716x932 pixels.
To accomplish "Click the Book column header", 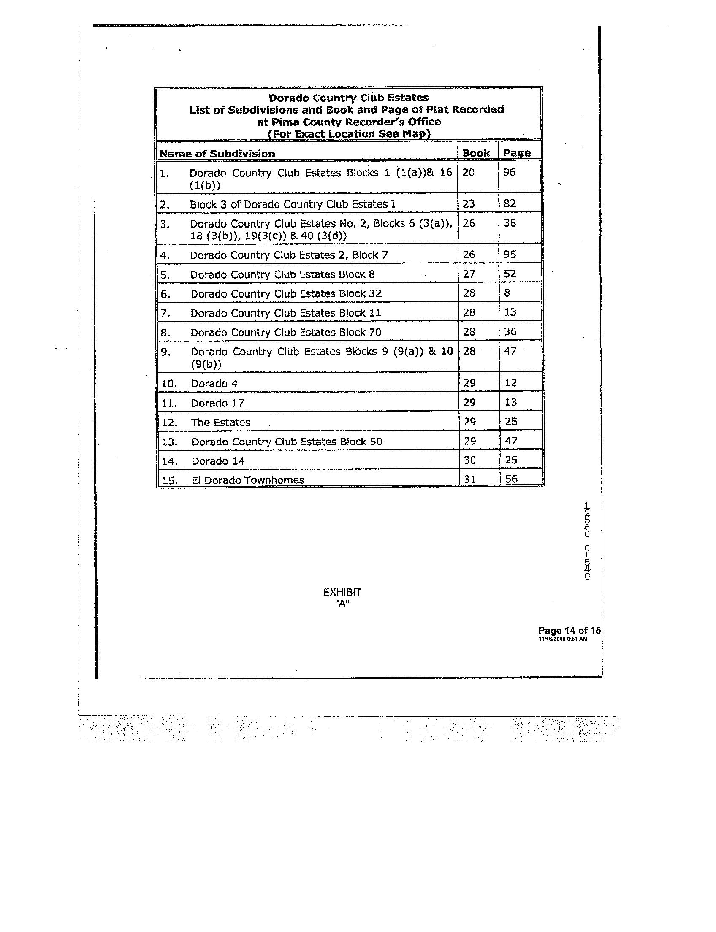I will (x=476, y=153).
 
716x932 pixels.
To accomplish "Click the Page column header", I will (x=517, y=153).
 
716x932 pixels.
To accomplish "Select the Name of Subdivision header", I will (x=217, y=153).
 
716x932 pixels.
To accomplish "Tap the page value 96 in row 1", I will (x=509, y=172).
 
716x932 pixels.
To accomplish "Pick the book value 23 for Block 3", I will (x=468, y=204).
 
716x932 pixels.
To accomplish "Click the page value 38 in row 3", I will (x=509, y=223).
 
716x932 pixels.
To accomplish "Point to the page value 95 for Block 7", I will (x=510, y=255).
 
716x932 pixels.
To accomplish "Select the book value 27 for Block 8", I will (x=469, y=274).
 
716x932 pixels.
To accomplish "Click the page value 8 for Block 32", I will (x=507, y=293).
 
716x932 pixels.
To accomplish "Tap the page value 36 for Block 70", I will (x=510, y=331).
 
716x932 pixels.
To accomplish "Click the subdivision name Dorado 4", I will (x=214, y=384).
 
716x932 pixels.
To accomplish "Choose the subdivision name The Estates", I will (x=220, y=423).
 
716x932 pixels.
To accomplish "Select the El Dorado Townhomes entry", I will (x=247, y=480).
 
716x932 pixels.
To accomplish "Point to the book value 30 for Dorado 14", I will (x=469, y=460).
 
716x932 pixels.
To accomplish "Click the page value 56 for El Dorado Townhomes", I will (x=511, y=479).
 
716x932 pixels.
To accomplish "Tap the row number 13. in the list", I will (x=169, y=442).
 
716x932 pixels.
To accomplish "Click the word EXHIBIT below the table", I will (x=342, y=592).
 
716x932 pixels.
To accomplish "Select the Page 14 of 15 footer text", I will (x=569, y=630).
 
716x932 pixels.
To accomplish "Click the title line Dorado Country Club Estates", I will (x=348, y=98).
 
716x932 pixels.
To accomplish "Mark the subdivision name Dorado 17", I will (x=217, y=403).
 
